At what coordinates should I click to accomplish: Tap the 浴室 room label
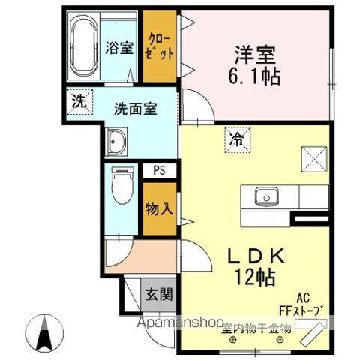point(119,48)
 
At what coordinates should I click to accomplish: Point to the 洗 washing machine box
point(79,102)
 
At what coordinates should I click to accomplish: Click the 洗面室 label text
point(135,108)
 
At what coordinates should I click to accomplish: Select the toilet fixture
point(120,184)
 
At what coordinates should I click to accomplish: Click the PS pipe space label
point(159,170)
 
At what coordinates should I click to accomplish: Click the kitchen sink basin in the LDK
point(265,198)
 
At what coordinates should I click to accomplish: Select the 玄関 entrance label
point(158,293)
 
